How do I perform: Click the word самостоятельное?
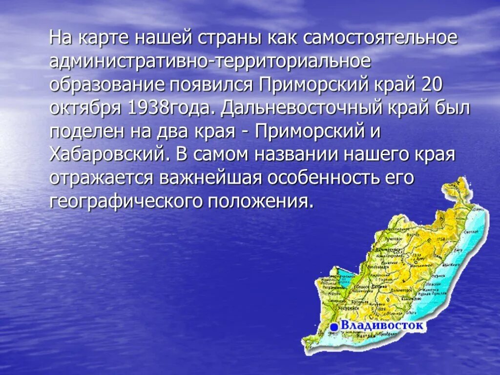coord(381,38)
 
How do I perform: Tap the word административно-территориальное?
coord(210,62)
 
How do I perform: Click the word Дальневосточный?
coord(312,108)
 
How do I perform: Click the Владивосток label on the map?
coord(383,325)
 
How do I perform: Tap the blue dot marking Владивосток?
coord(334,327)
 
